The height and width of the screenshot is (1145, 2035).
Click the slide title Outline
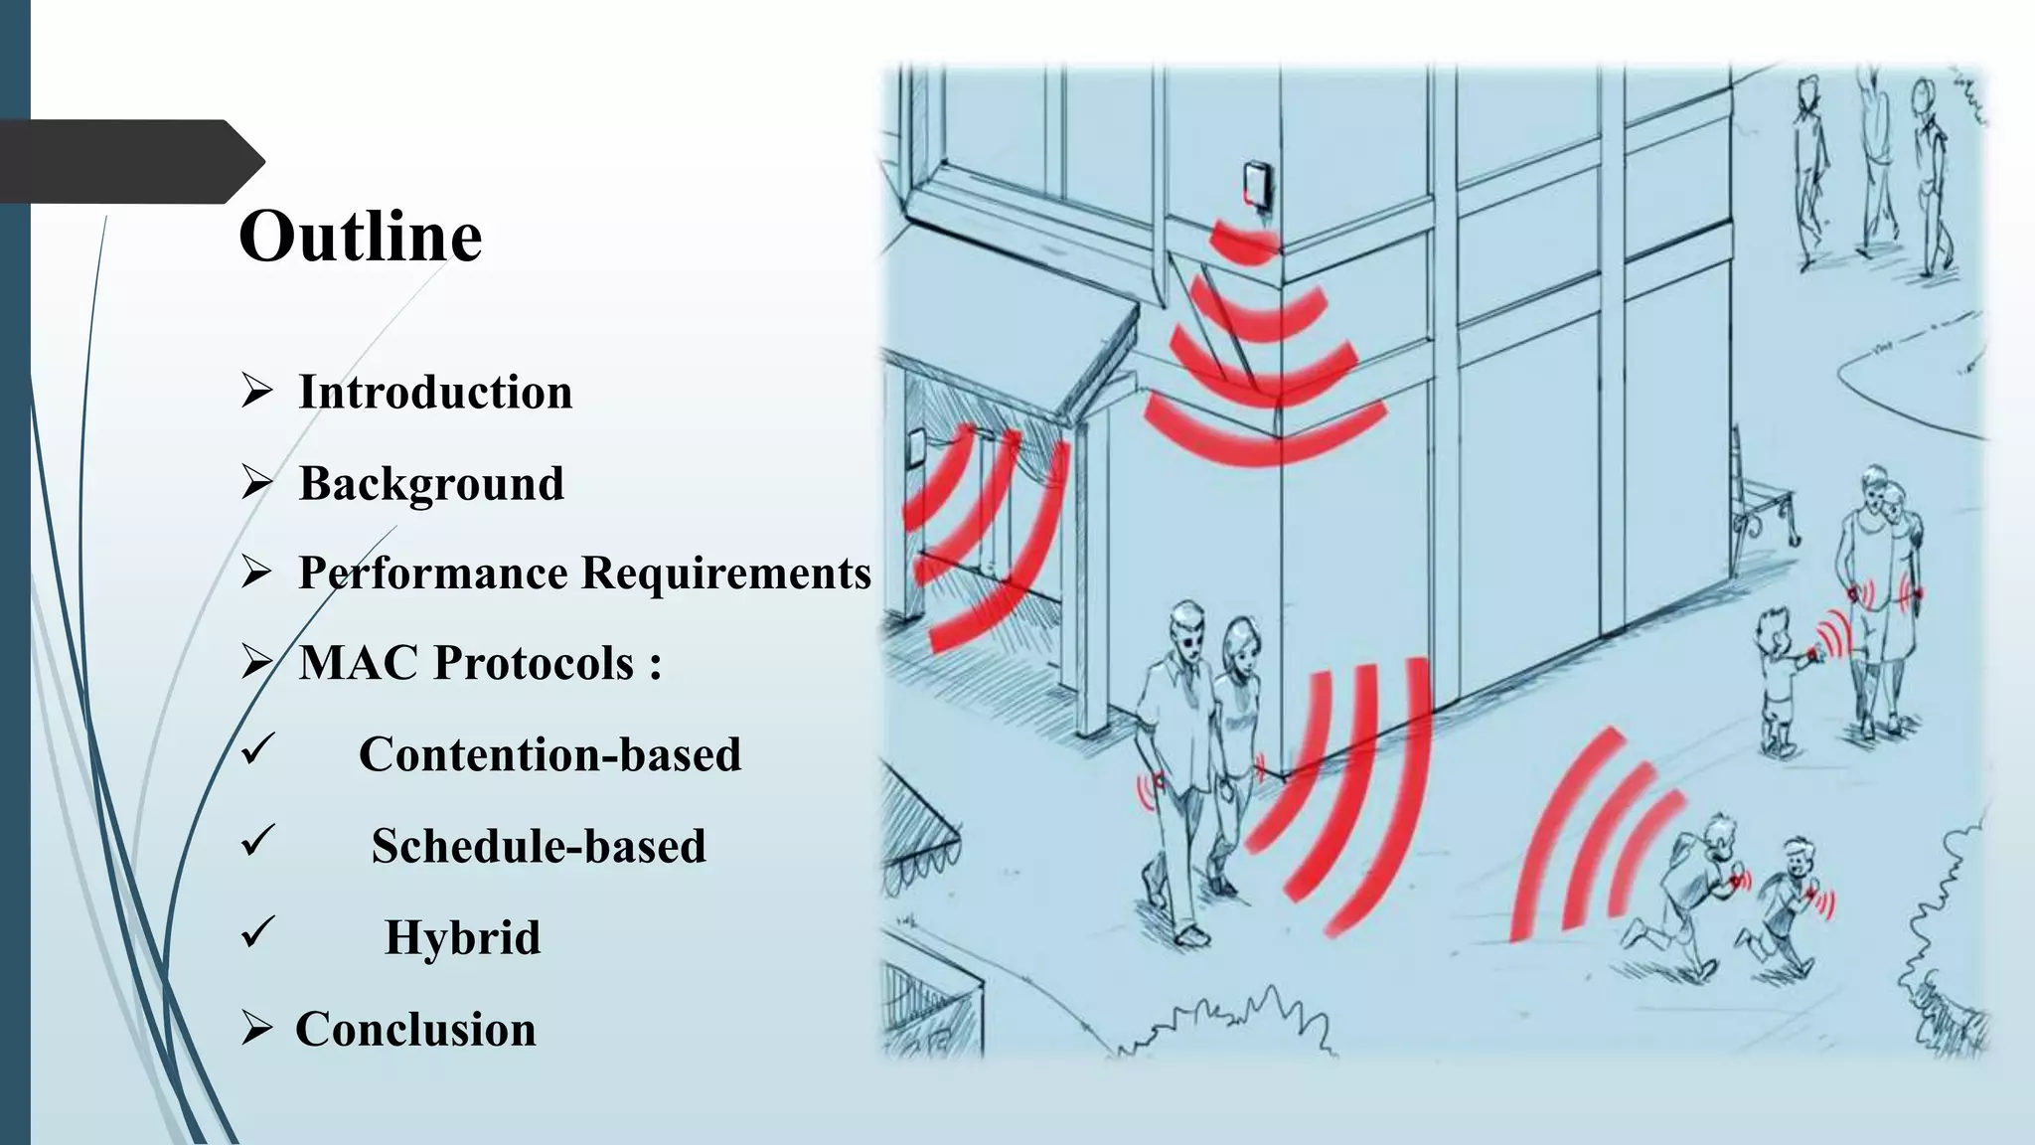(360, 237)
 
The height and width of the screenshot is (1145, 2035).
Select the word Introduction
(435, 392)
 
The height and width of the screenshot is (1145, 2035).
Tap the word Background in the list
(431, 484)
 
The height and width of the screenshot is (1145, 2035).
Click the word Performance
(433, 573)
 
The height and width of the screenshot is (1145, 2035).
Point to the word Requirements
(725, 573)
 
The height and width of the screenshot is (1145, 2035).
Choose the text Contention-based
(549, 754)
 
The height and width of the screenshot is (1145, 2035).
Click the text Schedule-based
(539, 846)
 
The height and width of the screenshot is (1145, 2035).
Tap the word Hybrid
(462, 937)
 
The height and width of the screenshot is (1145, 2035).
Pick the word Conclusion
(415, 1029)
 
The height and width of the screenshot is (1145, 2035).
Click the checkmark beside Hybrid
(257, 932)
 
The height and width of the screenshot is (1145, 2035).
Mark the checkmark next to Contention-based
(257, 749)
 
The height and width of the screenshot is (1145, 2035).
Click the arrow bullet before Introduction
(256, 392)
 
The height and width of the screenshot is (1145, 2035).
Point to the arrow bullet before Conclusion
(256, 1029)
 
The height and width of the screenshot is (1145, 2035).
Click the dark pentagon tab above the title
(129, 161)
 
